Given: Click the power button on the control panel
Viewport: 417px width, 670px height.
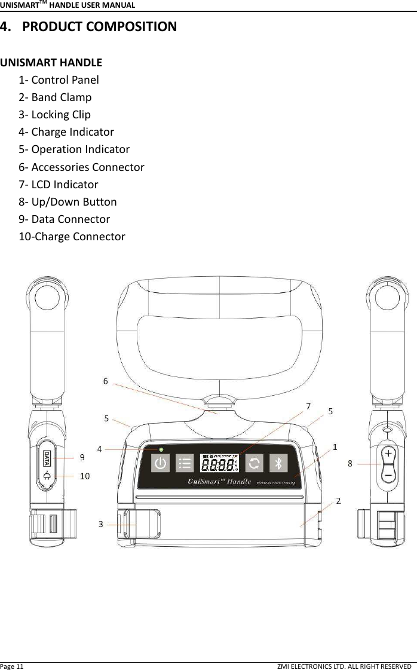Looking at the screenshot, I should (161, 463).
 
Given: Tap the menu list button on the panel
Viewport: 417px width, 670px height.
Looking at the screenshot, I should (185, 463).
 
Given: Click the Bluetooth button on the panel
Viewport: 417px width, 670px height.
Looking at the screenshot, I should (278, 463).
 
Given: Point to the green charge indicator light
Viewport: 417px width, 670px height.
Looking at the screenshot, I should (161, 449).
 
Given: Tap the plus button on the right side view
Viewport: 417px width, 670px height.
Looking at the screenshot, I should (388, 454).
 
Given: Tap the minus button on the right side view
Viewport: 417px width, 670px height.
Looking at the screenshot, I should (388, 475).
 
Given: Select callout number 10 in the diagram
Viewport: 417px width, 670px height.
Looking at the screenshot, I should (85, 476).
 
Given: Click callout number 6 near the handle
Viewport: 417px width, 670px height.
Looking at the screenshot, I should (106, 380).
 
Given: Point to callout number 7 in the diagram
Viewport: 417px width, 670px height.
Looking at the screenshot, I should (308, 406).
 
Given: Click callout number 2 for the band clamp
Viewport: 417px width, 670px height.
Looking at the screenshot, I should (338, 501).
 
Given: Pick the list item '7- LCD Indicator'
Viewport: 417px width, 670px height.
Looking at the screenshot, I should (59, 184).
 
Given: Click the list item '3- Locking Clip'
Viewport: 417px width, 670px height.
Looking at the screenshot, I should (55, 114).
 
